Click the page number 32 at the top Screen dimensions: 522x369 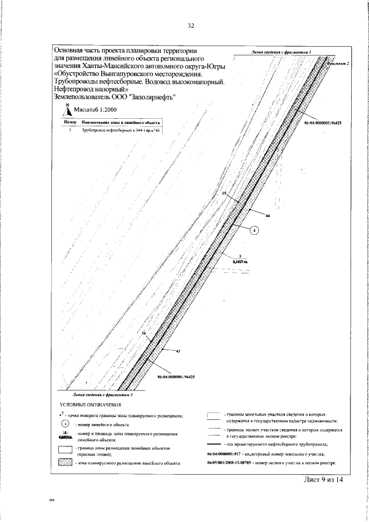pyautogui.click(x=191, y=25)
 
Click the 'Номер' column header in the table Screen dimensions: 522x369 pyautogui.click(x=69, y=123)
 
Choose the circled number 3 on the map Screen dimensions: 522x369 pyautogui.click(x=256, y=230)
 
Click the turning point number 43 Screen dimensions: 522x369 pyautogui.click(x=178, y=351)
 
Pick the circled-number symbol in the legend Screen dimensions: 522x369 pyautogui.click(x=65, y=424)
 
